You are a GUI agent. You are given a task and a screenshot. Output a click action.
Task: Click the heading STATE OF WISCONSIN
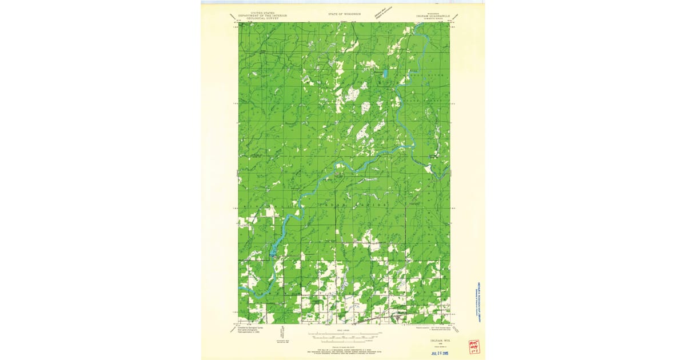[344, 13]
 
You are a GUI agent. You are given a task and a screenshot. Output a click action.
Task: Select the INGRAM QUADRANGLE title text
[433, 16]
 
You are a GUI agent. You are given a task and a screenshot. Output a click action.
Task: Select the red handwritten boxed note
[473, 346]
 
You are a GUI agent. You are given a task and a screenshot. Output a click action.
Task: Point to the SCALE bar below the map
[344, 333]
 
